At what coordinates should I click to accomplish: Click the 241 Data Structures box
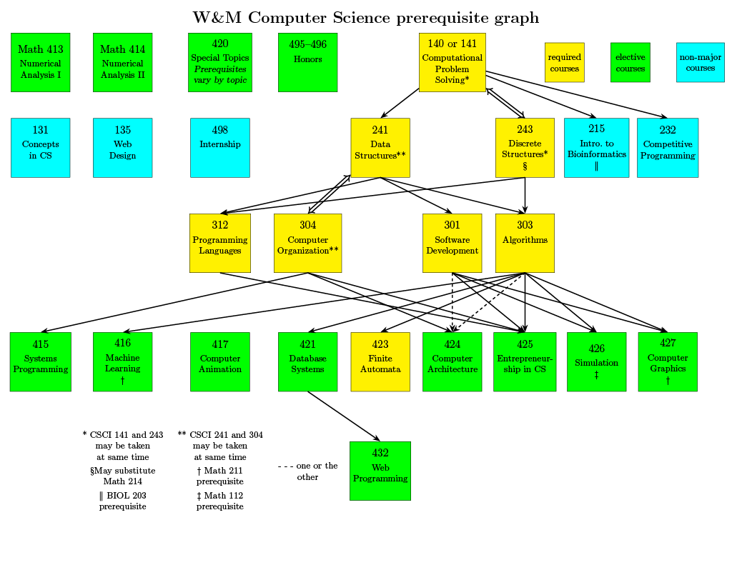[x=380, y=148]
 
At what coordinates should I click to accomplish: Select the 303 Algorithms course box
[x=525, y=243]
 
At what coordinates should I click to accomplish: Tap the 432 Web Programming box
[x=380, y=471]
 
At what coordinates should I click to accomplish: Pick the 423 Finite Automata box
[x=380, y=361]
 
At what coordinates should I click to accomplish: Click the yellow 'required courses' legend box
[x=565, y=63]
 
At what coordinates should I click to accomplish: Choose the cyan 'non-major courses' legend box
[x=701, y=63]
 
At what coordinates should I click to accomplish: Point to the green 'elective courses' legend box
[x=630, y=63]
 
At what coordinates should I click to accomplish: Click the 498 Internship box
[x=220, y=148]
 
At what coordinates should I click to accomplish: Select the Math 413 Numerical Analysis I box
[x=41, y=62]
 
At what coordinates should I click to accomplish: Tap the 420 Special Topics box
[x=220, y=62]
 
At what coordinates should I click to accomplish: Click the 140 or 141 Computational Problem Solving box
[x=452, y=62]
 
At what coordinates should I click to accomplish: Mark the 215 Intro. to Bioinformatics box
[x=596, y=148]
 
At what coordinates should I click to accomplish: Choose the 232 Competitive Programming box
[x=668, y=148]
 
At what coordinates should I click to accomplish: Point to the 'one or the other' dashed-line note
[x=308, y=471]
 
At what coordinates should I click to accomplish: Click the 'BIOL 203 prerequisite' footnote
[x=123, y=501]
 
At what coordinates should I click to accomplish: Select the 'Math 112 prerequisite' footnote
[x=220, y=501]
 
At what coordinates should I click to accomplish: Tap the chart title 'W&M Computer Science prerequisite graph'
[x=366, y=18]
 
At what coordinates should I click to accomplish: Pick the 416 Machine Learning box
[x=123, y=361]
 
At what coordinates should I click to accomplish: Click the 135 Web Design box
[x=123, y=148]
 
